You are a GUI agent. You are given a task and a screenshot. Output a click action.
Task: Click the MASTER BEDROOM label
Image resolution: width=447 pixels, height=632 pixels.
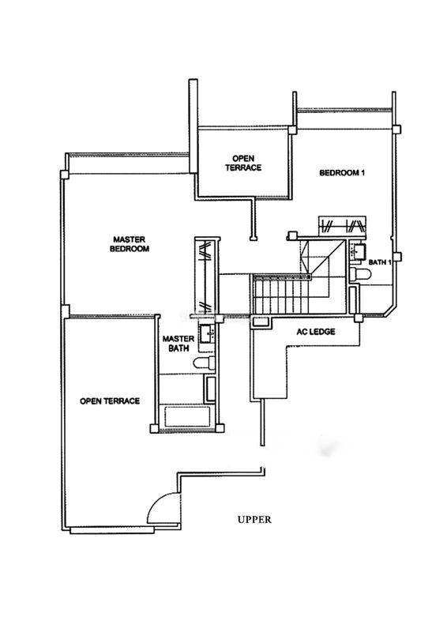130,244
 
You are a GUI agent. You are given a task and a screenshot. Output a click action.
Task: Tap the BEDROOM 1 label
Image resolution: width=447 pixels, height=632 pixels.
342,173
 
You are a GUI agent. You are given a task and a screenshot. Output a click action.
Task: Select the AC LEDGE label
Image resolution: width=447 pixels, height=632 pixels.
316,332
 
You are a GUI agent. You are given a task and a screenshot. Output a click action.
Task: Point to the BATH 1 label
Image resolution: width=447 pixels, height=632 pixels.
380,262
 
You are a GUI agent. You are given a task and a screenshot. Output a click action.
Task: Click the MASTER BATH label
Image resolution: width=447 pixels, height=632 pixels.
178,344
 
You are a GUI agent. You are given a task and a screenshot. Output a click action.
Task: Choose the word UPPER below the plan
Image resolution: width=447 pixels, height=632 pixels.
254,520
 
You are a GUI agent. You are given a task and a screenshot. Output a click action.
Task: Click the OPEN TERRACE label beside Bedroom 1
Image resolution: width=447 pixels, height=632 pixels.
243,163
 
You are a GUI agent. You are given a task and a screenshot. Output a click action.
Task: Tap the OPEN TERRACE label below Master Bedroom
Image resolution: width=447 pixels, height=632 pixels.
110,401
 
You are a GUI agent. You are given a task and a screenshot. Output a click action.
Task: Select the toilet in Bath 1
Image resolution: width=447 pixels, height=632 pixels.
359,274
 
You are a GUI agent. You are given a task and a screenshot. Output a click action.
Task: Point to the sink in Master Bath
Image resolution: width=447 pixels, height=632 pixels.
207,334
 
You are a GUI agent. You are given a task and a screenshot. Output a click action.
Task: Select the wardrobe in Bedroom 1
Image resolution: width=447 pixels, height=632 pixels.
342,226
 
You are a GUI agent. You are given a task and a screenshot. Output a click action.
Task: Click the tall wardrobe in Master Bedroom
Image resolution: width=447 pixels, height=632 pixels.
206,277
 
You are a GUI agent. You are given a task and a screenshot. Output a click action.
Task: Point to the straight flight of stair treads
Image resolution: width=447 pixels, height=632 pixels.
280,296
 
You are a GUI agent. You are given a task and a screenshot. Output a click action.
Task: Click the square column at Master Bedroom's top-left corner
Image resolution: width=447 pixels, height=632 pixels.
64,175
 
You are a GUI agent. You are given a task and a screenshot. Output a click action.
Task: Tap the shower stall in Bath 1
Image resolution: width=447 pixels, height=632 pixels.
353,299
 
